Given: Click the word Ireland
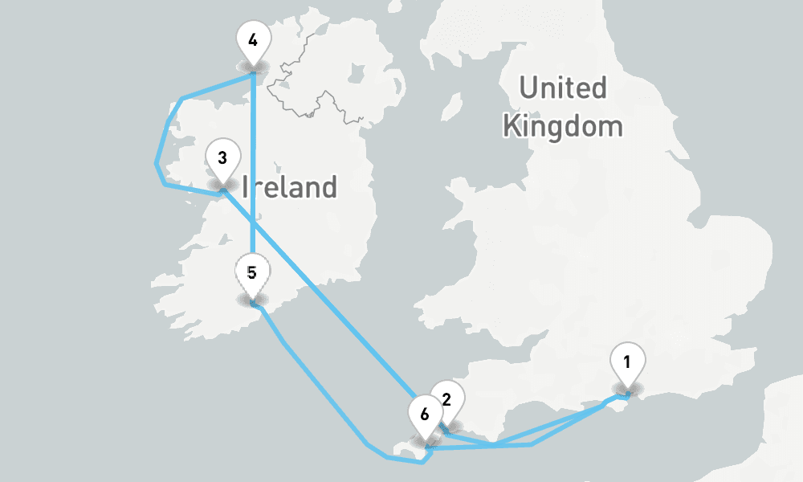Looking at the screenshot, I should click(x=289, y=187).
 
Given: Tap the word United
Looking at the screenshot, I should click(x=562, y=88).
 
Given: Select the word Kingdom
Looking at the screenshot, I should click(x=562, y=126).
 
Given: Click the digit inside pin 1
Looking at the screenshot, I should click(x=626, y=360).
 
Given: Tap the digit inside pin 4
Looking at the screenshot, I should click(x=253, y=39).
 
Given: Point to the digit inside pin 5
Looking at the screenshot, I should click(x=252, y=272).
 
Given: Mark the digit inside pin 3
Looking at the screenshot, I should click(x=222, y=157).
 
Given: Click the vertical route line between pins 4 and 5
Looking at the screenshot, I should click(x=253, y=161).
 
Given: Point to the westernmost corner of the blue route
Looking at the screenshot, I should click(x=156, y=164).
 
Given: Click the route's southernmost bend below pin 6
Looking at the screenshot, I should click(x=423, y=463).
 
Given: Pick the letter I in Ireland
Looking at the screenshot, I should click(x=244, y=187).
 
